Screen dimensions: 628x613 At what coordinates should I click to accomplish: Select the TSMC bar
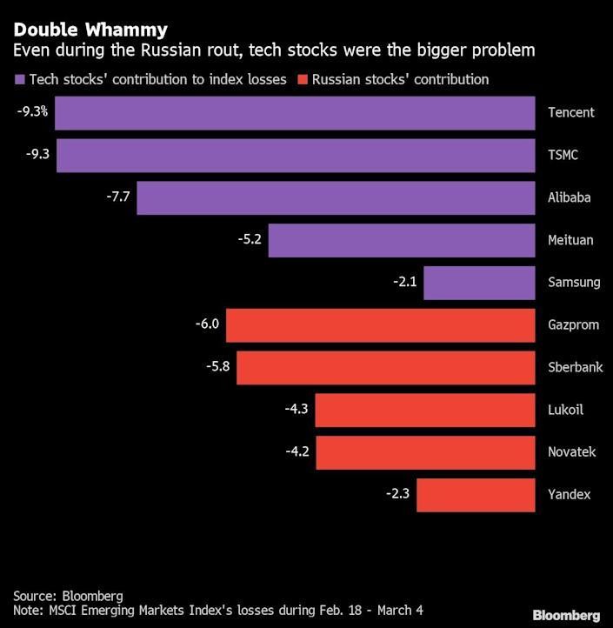click(x=296, y=155)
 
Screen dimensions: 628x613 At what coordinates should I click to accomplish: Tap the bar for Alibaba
click(x=336, y=197)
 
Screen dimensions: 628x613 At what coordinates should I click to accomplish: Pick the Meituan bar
click(x=401, y=240)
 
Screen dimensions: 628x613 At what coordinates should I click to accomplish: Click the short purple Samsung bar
click(x=479, y=283)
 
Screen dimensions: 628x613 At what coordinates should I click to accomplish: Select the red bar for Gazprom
click(x=380, y=325)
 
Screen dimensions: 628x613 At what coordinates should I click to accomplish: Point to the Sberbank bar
click(x=385, y=367)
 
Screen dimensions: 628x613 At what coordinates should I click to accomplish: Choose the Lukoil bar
click(x=424, y=410)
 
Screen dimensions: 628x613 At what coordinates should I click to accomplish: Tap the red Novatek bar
click(x=424, y=452)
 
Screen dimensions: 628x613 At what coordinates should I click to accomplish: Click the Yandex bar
click(x=476, y=495)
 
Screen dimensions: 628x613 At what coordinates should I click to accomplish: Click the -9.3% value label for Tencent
click(x=32, y=112)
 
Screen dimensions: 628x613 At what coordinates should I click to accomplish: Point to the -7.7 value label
click(x=117, y=197)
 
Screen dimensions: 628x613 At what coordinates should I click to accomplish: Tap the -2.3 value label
click(x=397, y=495)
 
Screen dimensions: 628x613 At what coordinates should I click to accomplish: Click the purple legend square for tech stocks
click(x=20, y=80)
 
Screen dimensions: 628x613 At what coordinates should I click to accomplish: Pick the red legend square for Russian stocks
click(x=303, y=80)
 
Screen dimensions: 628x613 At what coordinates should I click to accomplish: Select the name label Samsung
click(x=574, y=283)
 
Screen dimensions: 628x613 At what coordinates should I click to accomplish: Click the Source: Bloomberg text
click(x=68, y=595)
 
